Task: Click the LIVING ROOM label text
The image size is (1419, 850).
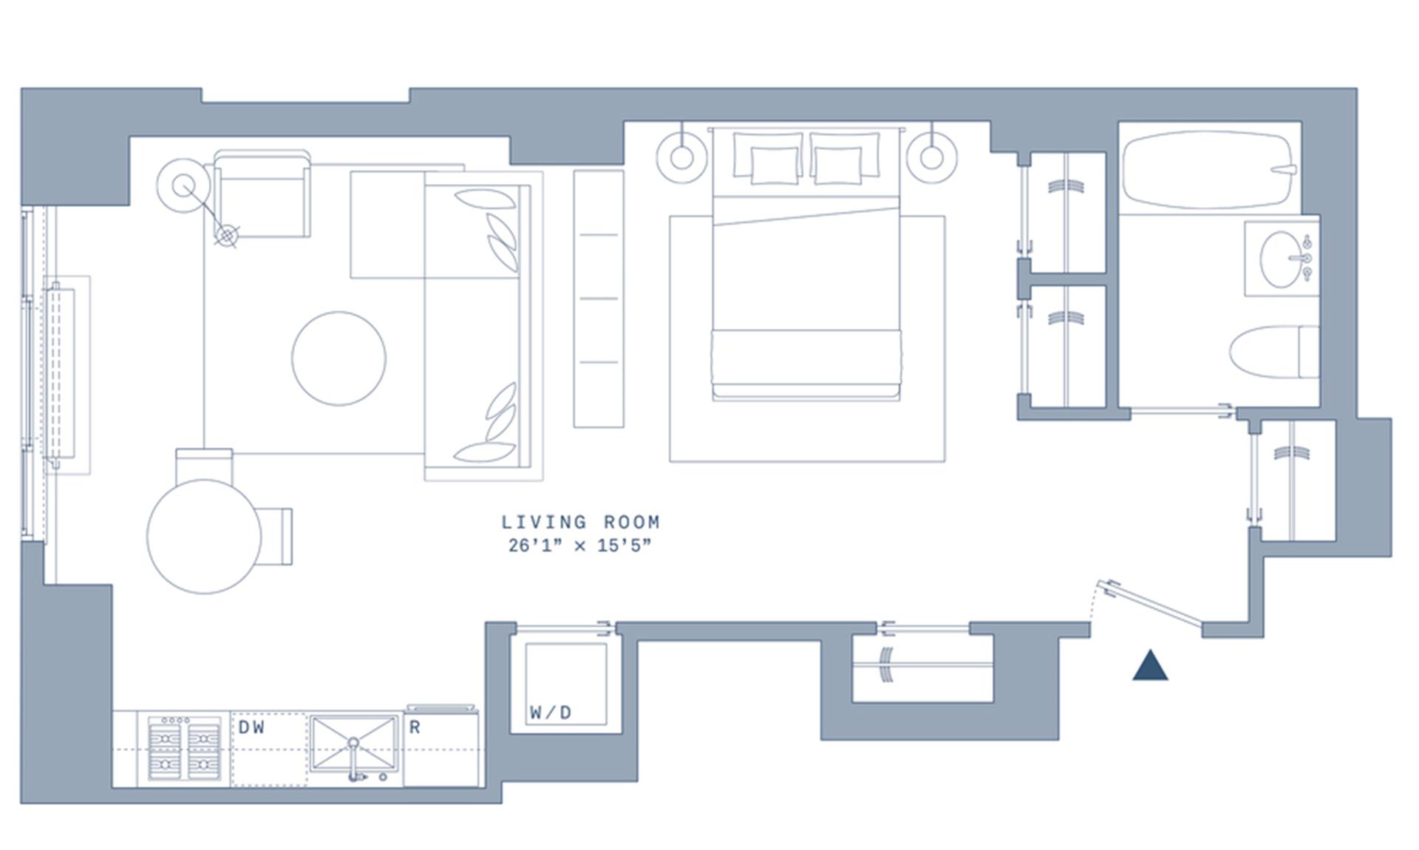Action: (580, 522)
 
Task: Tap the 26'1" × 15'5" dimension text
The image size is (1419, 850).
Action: (580, 546)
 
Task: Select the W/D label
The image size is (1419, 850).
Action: (551, 713)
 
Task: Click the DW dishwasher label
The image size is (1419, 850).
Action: (251, 727)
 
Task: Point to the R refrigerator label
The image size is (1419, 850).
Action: (415, 727)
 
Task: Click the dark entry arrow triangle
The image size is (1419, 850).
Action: (1150, 667)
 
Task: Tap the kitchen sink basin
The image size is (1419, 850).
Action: (354, 743)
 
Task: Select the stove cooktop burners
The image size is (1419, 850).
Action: (184, 748)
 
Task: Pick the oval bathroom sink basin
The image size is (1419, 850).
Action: (1280, 259)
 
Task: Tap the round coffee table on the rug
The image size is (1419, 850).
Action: (338, 358)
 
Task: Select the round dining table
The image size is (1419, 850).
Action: (204, 536)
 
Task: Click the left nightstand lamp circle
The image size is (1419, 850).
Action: (681, 157)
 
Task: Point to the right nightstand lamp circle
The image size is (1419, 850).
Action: (931, 157)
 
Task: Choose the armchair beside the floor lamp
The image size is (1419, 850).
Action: (262, 196)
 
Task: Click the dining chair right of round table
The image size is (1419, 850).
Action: (276, 536)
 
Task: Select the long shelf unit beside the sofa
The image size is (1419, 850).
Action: (599, 299)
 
